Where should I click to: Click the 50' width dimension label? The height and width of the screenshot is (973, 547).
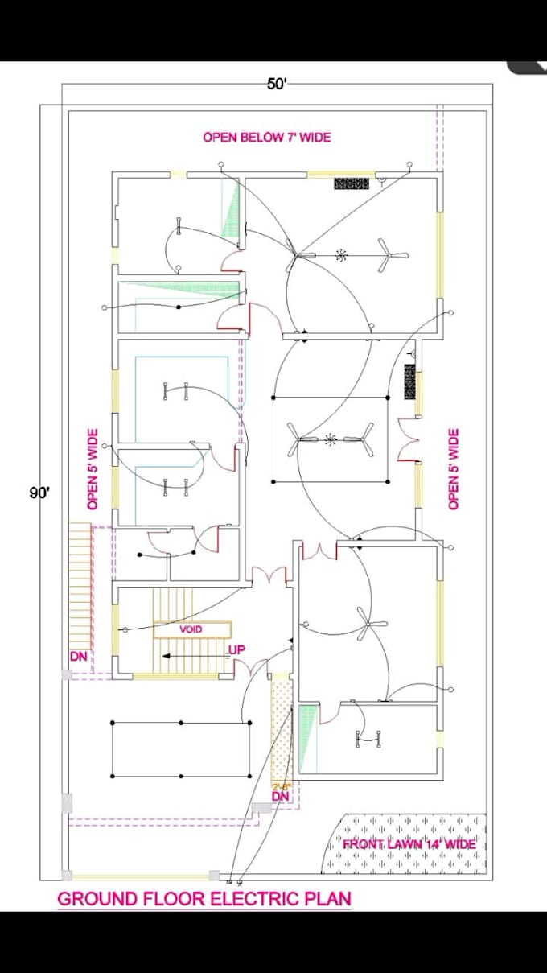(276, 85)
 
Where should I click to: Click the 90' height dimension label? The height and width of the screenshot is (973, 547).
(39, 493)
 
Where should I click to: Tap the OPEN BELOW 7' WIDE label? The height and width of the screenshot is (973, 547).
(266, 138)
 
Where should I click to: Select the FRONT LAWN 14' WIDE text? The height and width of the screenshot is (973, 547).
(409, 844)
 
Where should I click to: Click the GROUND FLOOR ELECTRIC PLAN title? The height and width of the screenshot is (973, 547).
(204, 899)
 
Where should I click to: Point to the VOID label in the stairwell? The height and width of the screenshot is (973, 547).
(191, 629)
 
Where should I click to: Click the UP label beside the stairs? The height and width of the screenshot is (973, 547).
(236, 650)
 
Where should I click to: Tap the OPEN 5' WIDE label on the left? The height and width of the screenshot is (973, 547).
(93, 469)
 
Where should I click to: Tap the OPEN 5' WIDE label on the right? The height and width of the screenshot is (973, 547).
(454, 469)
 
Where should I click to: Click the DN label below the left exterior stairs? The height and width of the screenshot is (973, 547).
(78, 657)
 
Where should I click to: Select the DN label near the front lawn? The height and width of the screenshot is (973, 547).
(280, 796)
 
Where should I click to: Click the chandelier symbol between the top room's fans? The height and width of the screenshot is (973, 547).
(341, 256)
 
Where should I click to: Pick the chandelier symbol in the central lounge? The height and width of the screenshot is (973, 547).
(330, 439)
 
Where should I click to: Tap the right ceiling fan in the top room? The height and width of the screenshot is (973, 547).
(393, 256)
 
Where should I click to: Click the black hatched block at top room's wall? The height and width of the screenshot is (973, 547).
(352, 183)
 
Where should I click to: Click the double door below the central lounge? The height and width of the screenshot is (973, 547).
(320, 550)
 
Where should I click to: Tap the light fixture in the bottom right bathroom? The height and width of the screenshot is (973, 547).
(368, 737)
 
